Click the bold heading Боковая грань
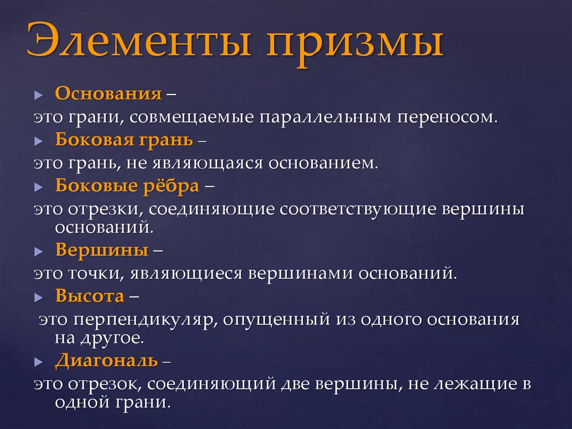[x=125, y=139]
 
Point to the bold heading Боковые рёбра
[x=127, y=185]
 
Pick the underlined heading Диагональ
[x=107, y=360]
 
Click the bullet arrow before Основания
[x=38, y=95]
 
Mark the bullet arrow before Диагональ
[x=38, y=362]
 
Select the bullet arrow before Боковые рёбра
[x=38, y=187]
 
